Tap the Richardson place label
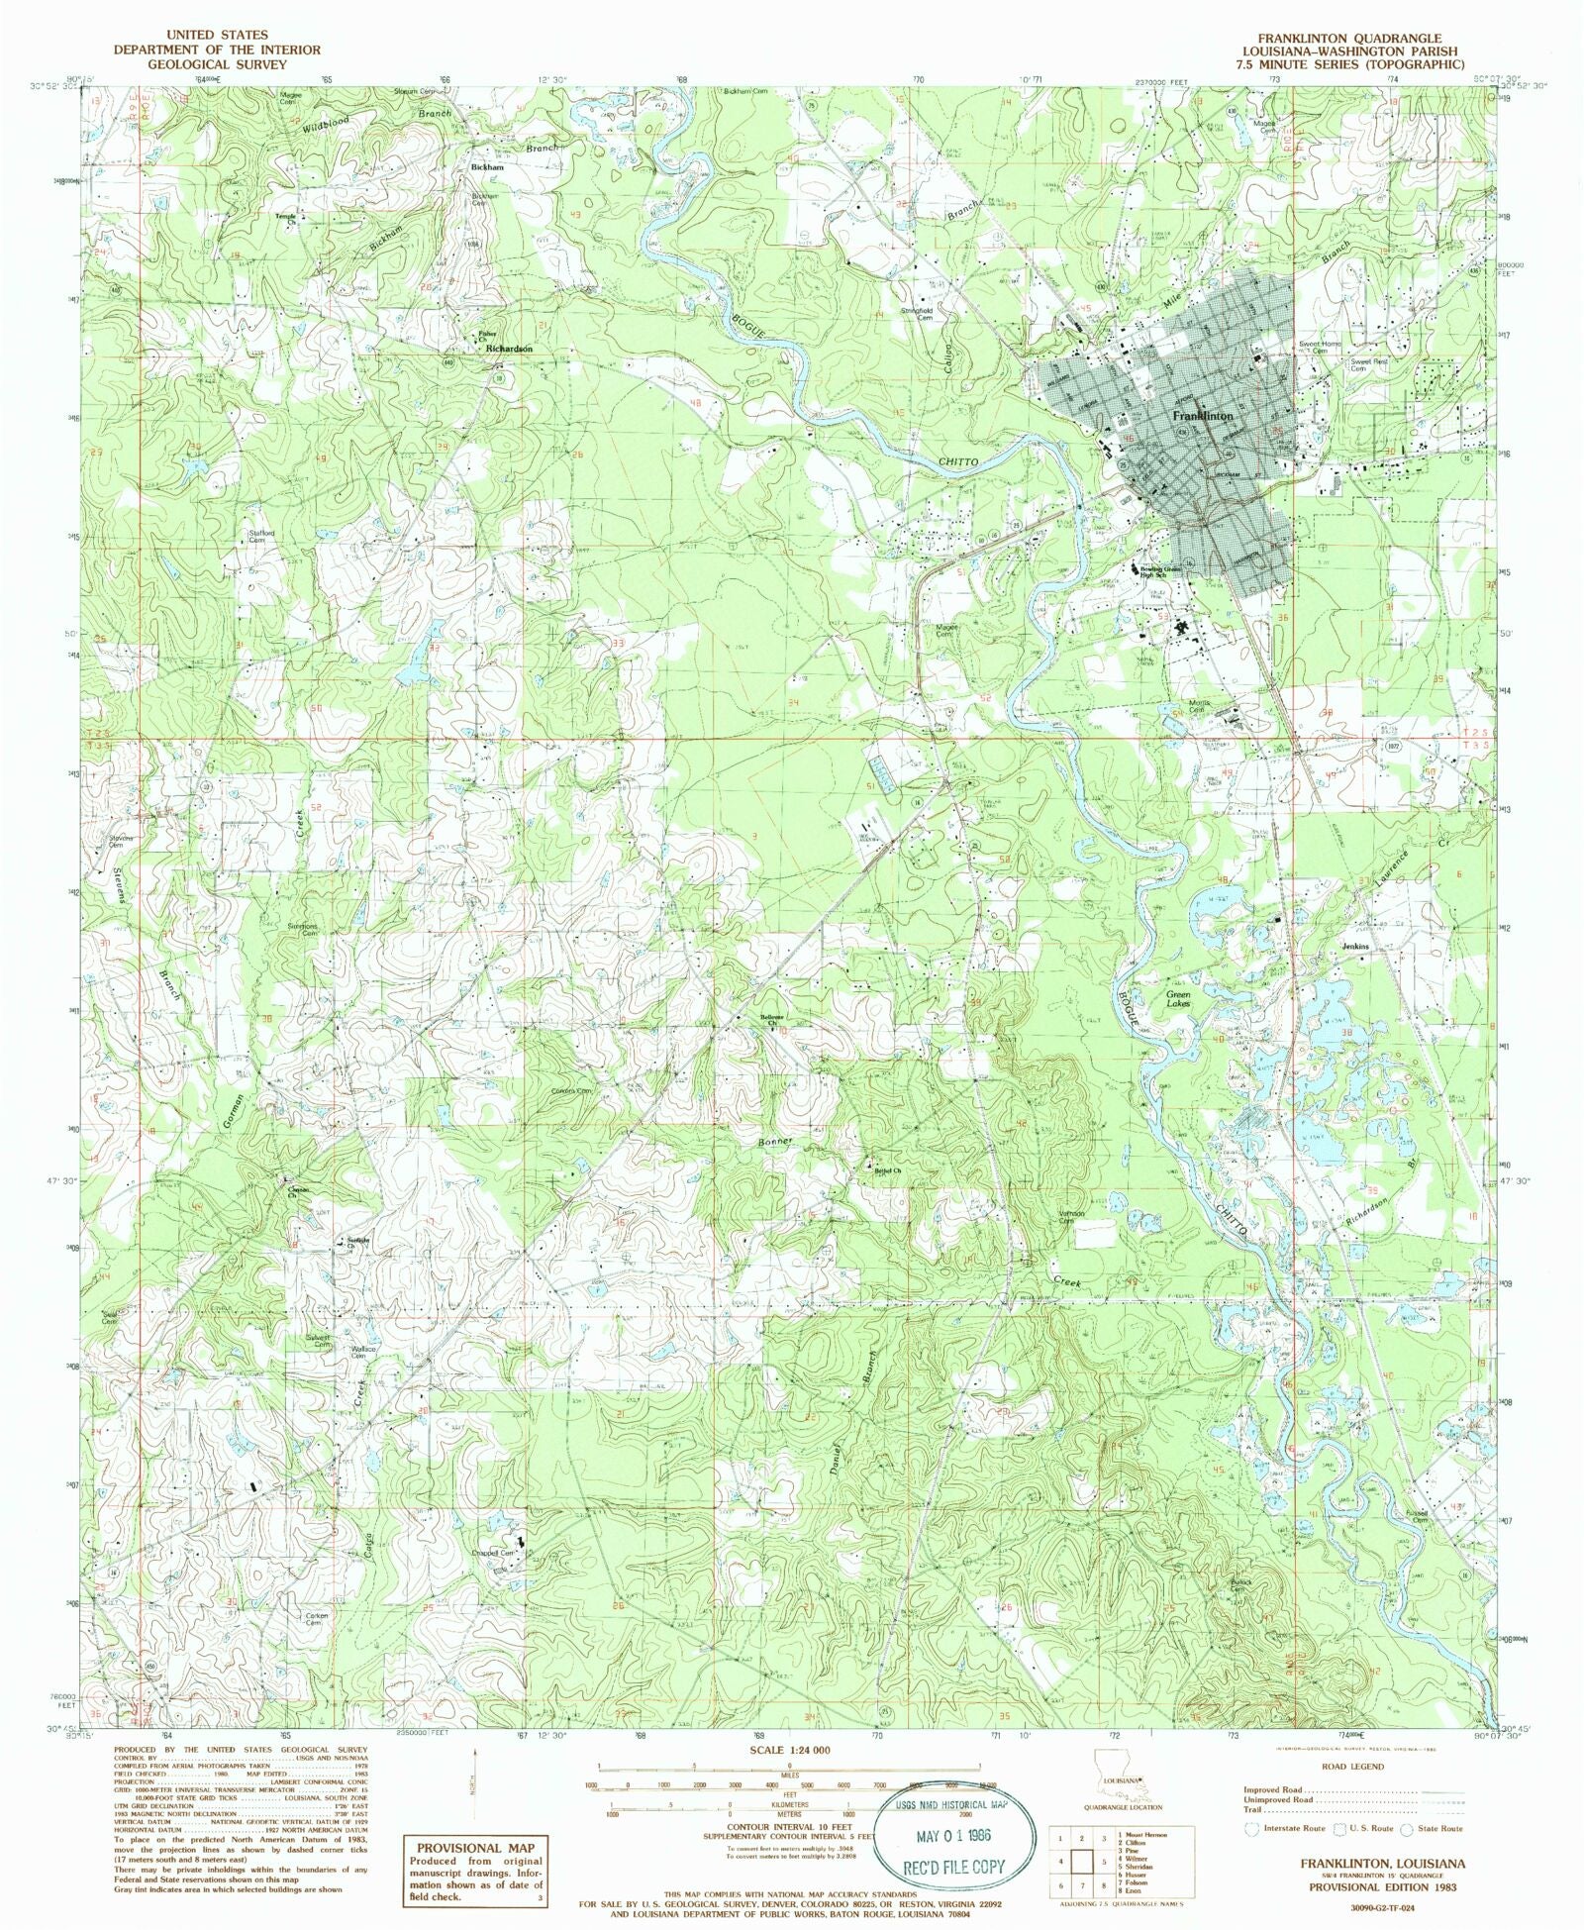tap(509, 350)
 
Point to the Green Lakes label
tap(1177, 998)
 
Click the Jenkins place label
tap(1354, 947)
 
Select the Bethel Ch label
tap(888, 1170)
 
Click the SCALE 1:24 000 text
tap(789, 1750)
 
